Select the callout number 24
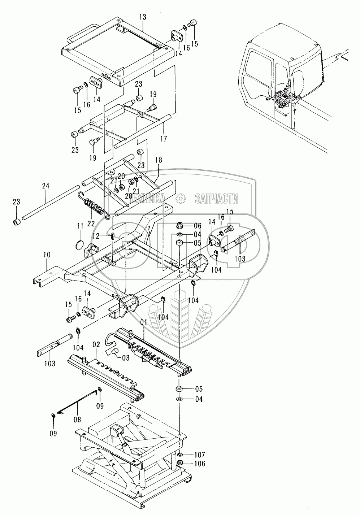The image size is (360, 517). tap(45, 186)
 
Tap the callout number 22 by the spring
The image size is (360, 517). tap(91, 224)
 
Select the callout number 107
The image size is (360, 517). tap(199, 454)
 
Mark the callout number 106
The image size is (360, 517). tap(199, 464)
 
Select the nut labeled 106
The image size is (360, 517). tap(180, 463)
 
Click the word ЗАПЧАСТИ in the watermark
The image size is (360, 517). tap(216, 198)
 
